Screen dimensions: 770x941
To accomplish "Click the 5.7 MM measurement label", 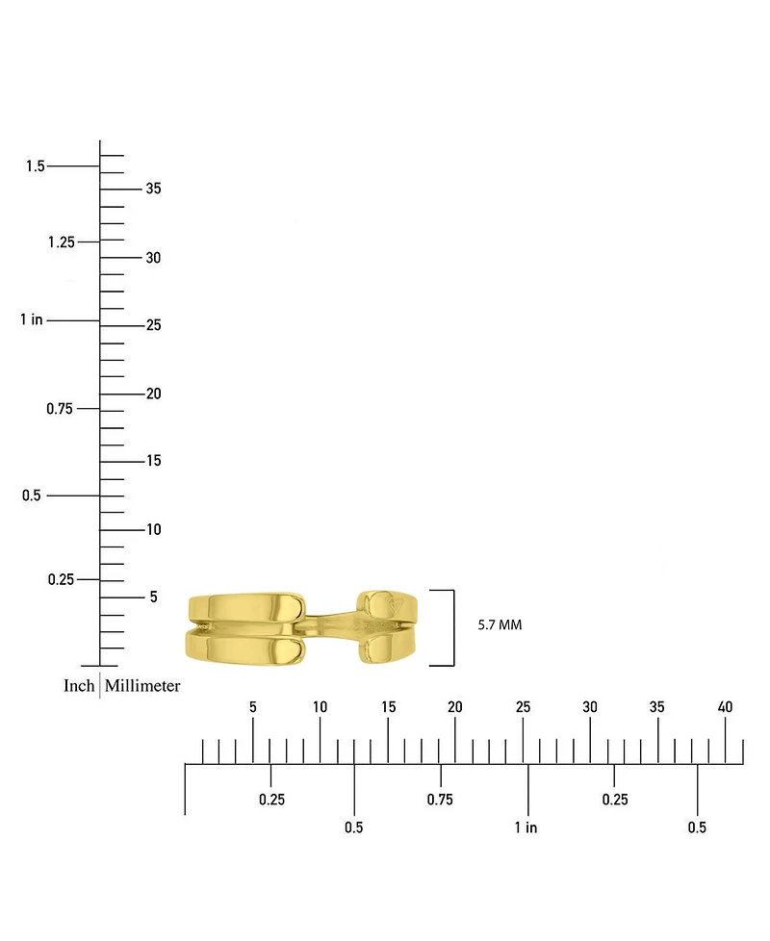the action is pyautogui.click(x=500, y=624).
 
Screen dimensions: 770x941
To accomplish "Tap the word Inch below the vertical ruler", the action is pyautogui.click(x=79, y=685).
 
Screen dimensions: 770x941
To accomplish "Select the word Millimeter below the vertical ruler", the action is pyautogui.click(x=142, y=685).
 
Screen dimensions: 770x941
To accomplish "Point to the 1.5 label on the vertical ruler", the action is pyautogui.click(x=36, y=165).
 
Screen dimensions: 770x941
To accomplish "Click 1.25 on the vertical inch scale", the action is pyautogui.click(x=62, y=242).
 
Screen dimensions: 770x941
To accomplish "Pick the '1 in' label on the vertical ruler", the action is pyautogui.click(x=31, y=319).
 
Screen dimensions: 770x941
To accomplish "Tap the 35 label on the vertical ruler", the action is pyautogui.click(x=153, y=189).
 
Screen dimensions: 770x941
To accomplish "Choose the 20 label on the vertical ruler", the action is pyautogui.click(x=153, y=394).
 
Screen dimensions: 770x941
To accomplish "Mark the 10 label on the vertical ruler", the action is pyautogui.click(x=154, y=529).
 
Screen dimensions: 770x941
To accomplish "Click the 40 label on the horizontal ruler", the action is pyautogui.click(x=725, y=707).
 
